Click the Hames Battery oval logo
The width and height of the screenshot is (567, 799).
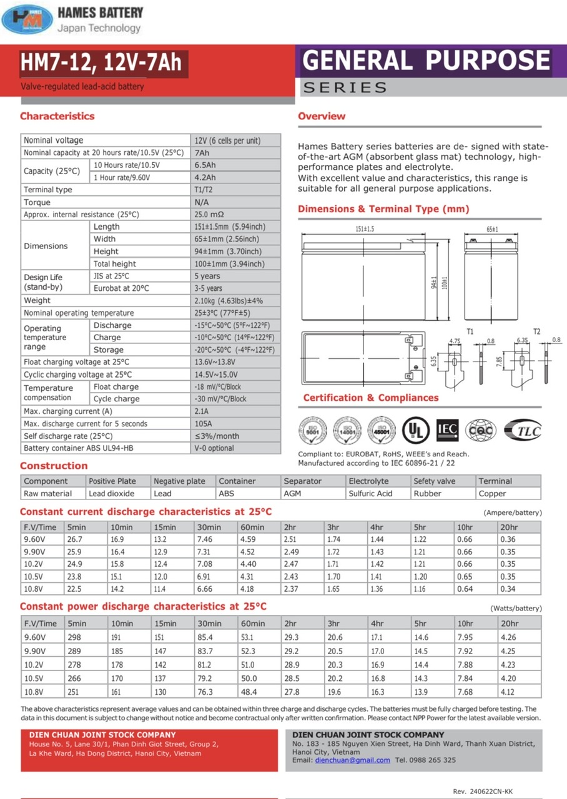tap(27, 19)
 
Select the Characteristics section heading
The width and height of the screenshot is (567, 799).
tap(57, 116)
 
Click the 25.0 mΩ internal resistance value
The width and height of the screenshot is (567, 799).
tap(209, 215)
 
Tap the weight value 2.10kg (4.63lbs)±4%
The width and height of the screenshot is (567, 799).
tap(228, 301)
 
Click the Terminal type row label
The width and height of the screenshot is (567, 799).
tap(48, 190)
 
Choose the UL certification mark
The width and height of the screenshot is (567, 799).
tap(415, 429)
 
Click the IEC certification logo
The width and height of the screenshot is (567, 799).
tap(447, 429)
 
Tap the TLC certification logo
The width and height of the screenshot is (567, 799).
tap(522, 429)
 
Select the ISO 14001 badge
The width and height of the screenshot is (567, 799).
tap(347, 429)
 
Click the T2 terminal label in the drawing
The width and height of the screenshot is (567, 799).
tap(536, 331)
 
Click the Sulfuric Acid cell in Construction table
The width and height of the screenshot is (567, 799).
tap(370, 494)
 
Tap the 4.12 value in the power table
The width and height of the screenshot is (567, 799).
tap(508, 692)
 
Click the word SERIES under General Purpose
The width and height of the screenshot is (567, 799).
tap(345, 88)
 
